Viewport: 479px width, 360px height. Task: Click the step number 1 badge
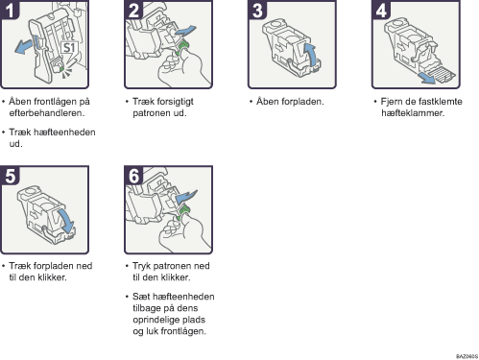[x=10, y=10]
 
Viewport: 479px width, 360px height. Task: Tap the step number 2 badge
[x=133, y=10]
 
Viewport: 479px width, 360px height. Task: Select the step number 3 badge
[x=257, y=10]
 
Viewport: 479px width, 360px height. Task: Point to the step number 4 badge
[x=381, y=10]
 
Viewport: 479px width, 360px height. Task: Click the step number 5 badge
[x=10, y=176]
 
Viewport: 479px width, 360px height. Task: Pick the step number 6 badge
[x=133, y=176]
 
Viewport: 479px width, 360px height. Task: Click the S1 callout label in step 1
[x=69, y=48]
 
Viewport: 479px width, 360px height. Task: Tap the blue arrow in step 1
[x=24, y=46]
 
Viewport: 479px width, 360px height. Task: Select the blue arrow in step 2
[x=185, y=31]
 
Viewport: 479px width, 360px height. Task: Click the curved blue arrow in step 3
[x=311, y=55]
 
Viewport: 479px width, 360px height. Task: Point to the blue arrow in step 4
[x=427, y=78]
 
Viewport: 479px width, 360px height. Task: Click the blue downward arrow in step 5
[x=66, y=222]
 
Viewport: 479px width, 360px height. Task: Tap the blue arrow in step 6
[x=186, y=197]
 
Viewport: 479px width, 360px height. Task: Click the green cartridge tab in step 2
[x=183, y=47]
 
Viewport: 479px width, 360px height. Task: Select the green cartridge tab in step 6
[x=183, y=212]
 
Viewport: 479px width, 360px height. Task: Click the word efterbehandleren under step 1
[x=47, y=113]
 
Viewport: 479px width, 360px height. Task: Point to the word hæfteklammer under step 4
[x=413, y=113]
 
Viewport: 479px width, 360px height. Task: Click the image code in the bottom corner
[x=467, y=356]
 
